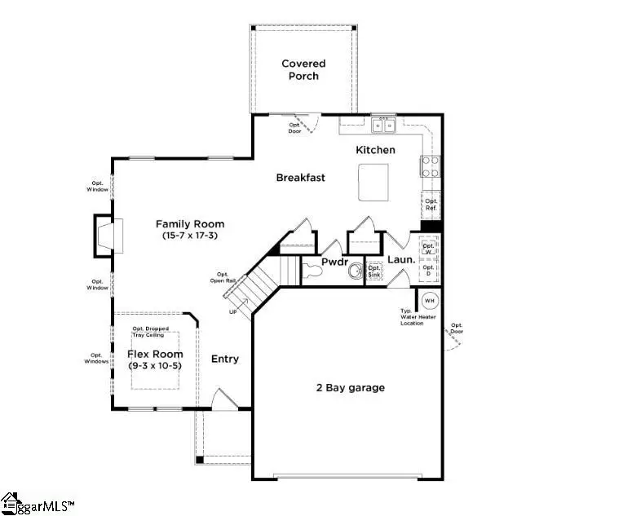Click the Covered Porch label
tap(303, 69)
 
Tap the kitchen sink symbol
tap(382, 126)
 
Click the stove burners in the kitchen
tap(430, 166)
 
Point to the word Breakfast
tap(300, 178)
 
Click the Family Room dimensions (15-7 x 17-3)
tap(190, 236)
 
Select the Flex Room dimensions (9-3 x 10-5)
tap(155, 367)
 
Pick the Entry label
tap(225, 359)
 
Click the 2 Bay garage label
tap(350, 387)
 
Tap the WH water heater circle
tap(429, 300)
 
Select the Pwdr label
tap(334, 262)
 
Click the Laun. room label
tap(401, 260)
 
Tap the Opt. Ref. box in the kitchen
tap(431, 205)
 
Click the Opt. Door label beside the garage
tap(457, 328)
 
